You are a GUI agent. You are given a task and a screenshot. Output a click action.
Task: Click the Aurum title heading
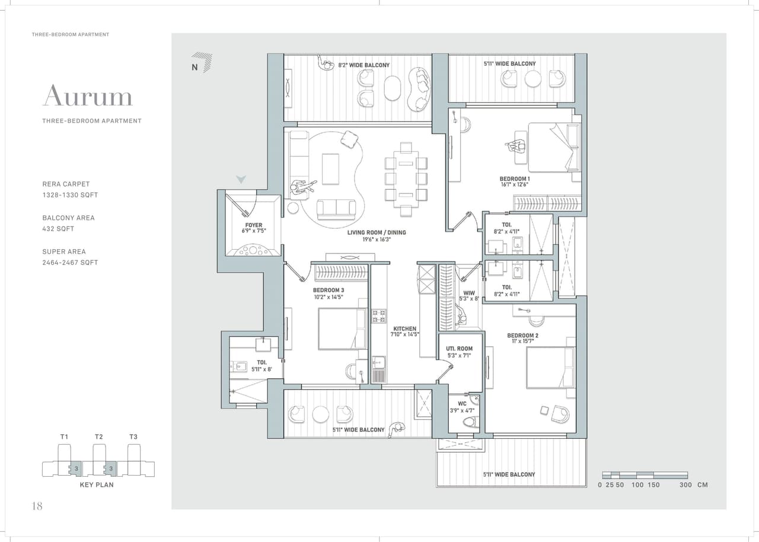coord(87,96)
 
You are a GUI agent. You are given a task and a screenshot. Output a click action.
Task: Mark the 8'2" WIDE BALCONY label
coord(363,65)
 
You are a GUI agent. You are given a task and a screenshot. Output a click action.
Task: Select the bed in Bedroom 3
coord(342,329)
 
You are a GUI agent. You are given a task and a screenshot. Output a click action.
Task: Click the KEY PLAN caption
coord(97,484)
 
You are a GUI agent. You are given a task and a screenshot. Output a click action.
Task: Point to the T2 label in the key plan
coord(98,437)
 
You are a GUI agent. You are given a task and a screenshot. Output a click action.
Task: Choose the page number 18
coord(37,506)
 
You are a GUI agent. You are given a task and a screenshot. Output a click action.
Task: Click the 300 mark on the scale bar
coord(685,485)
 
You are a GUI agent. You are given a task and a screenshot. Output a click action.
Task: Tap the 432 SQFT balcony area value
coord(58,229)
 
